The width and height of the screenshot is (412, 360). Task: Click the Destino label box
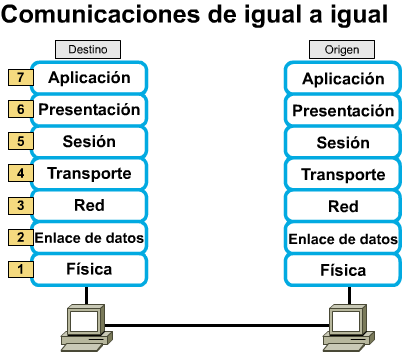click(88, 50)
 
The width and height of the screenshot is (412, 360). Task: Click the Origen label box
click(342, 50)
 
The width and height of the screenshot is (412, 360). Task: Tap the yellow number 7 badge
click(21, 78)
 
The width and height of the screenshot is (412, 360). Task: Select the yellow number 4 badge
click(21, 173)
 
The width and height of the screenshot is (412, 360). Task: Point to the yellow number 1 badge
click(21, 269)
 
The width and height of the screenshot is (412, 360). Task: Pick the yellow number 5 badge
click(21, 141)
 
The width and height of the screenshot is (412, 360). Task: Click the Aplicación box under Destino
click(89, 78)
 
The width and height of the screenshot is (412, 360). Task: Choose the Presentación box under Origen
click(343, 110)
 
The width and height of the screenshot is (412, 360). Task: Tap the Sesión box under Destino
click(89, 142)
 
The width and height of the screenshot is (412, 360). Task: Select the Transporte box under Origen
click(343, 174)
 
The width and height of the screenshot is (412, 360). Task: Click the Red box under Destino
click(89, 205)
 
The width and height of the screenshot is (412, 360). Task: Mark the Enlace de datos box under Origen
click(343, 238)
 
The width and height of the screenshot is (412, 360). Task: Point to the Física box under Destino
click(89, 270)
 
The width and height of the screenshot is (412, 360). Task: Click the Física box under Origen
click(343, 270)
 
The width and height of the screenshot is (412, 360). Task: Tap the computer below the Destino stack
click(87, 328)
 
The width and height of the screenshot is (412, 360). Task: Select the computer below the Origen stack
click(349, 328)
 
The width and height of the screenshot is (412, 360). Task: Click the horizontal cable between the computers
click(217, 325)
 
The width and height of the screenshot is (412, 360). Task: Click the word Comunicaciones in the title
click(100, 14)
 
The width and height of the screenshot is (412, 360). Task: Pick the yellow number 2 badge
click(21, 238)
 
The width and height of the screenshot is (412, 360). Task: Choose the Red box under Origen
click(343, 206)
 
